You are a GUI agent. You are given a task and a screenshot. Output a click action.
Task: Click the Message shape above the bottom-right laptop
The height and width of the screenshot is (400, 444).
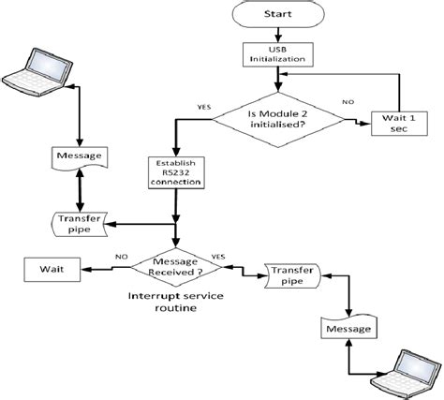348,329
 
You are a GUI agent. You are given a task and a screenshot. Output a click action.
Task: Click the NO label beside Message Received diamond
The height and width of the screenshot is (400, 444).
121,255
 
